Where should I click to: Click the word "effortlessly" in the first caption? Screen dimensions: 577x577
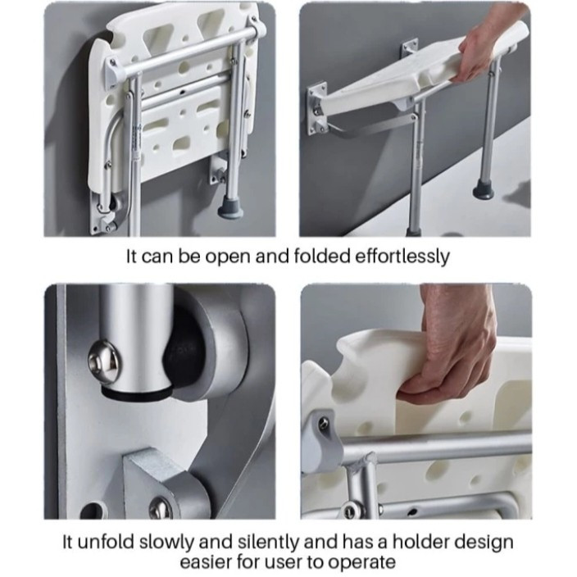tap(402, 256)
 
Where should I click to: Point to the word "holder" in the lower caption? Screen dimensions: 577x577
tap(423, 542)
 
